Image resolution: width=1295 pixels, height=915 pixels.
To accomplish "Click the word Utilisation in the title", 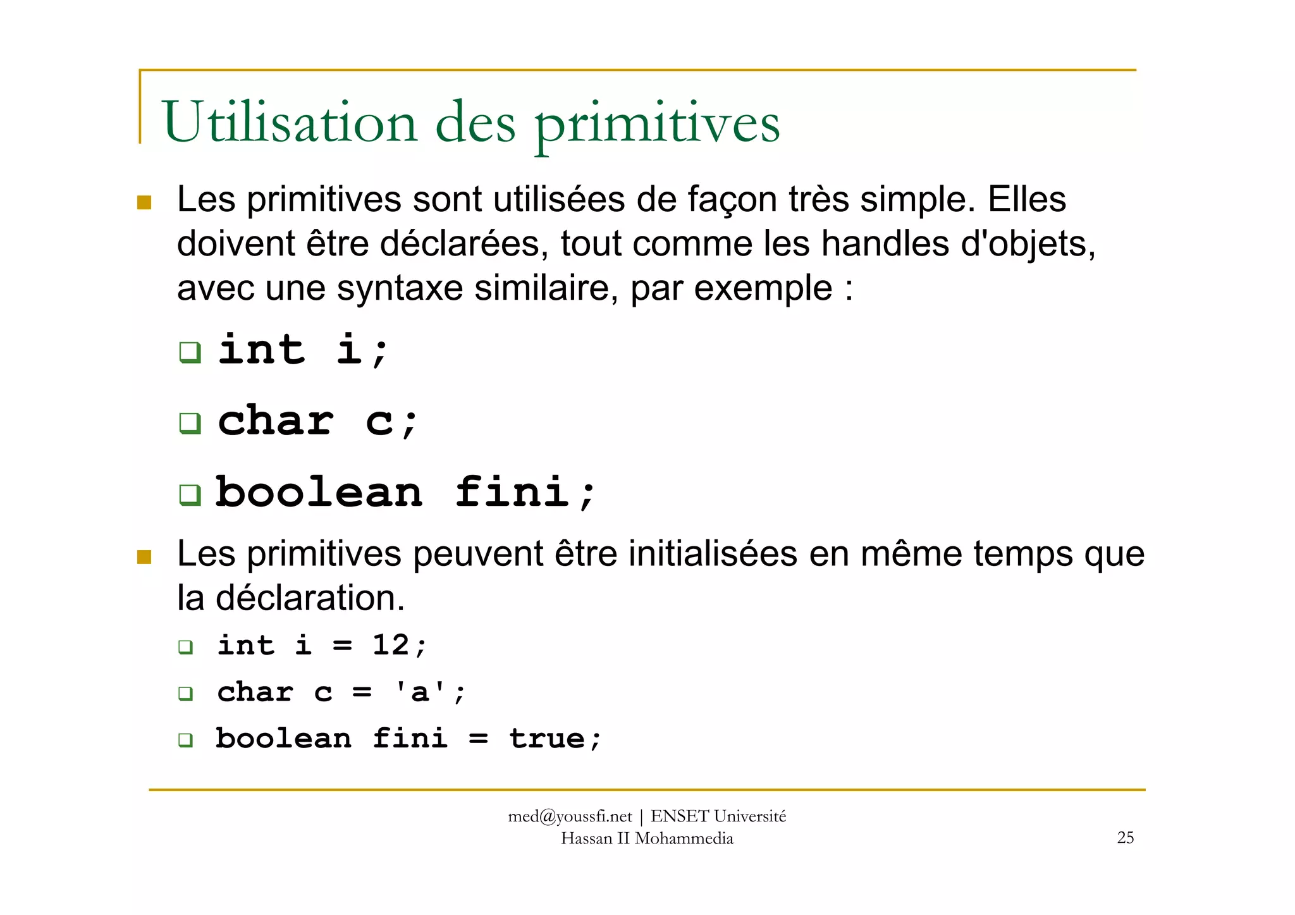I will pos(290,122).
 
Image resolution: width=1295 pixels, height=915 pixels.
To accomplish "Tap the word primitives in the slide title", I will pos(658,124).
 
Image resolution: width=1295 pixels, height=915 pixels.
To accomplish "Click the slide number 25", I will pos(1126,837).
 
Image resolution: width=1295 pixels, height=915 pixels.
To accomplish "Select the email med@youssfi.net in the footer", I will pos(570,816).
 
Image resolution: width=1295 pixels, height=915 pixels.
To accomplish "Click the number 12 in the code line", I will pos(390,645).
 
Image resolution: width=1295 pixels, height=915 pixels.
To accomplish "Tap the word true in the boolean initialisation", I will pos(547,738).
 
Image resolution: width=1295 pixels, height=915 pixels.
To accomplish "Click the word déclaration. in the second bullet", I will pos(310,598).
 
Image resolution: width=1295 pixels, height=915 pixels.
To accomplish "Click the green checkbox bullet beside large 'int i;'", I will pos(190,352).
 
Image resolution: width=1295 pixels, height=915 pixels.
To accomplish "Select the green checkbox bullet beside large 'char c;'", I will pos(190,422).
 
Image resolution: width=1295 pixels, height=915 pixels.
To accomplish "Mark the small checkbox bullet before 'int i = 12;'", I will pos(185,647).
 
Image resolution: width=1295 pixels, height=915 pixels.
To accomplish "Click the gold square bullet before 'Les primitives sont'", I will pos(144,202).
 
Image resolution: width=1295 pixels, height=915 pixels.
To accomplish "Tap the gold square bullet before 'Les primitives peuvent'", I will pos(144,556).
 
